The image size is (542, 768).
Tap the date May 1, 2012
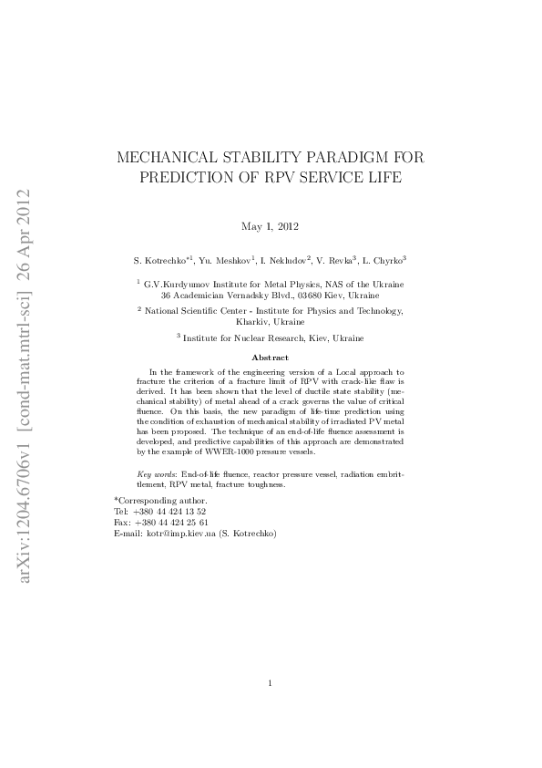click(271, 225)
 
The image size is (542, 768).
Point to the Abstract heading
click(270, 358)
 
